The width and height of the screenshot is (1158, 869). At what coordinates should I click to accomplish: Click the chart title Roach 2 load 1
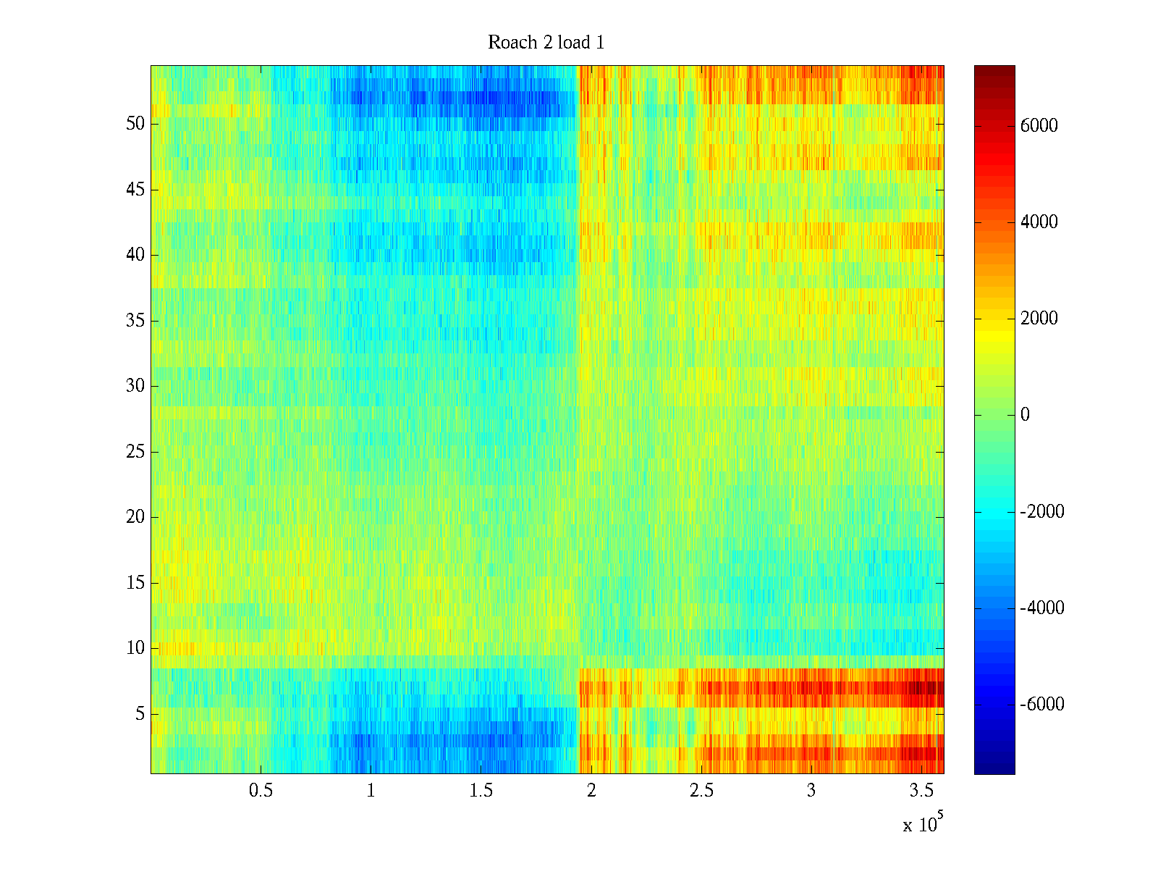(x=546, y=43)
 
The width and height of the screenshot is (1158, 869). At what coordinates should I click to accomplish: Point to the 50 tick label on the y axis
(x=135, y=124)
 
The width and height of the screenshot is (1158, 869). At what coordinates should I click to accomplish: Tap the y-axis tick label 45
(x=135, y=190)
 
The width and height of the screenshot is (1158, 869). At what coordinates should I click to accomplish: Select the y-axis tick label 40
(x=135, y=255)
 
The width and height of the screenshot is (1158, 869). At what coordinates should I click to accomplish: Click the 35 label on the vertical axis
(x=135, y=320)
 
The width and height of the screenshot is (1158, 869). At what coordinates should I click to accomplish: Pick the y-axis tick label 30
(x=135, y=386)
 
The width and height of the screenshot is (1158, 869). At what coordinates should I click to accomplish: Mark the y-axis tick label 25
(x=135, y=452)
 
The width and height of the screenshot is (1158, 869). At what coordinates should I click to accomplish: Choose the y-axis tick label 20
(x=135, y=517)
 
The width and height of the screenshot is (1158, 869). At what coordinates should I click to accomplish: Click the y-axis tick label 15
(x=135, y=583)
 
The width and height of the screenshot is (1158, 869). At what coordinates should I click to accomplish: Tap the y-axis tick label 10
(x=135, y=648)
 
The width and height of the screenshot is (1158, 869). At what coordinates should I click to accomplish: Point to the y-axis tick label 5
(x=140, y=714)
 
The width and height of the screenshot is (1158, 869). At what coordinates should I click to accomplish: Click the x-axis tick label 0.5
(x=261, y=791)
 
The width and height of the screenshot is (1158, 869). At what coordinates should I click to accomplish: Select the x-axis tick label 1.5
(x=481, y=791)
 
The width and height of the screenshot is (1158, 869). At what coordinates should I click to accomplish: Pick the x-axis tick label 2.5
(x=701, y=791)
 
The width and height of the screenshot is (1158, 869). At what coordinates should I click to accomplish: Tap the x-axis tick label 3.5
(x=921, y=791)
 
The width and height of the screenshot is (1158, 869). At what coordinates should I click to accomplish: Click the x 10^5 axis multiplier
(x=923, y=823)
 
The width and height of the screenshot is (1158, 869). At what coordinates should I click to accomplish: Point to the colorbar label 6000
(x=1039, y=126)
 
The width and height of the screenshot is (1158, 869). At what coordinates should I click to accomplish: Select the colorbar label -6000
(x=1042, y=705)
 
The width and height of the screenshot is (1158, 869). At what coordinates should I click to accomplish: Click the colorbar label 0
(x=1025, y=415)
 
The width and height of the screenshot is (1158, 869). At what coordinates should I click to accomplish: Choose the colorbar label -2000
(x=1042, y=512)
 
